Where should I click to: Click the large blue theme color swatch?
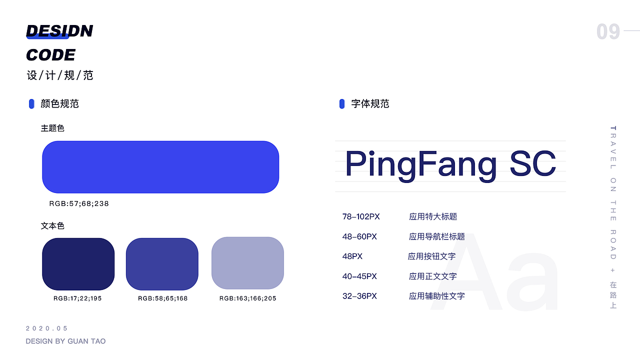tap(160, 167)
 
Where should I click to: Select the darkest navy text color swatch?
tap(78, 264)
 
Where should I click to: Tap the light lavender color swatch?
tap(247, 263)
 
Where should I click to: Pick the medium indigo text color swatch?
tap(162, 264)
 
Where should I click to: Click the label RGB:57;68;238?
tap(79, 204)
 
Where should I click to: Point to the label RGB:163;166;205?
tap(247, 298)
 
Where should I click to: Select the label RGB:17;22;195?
tap(77, 298)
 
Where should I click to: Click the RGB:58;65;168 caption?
tap(162, 298)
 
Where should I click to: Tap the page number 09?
tap(608, 32)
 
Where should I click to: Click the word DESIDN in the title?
tap(59, 31)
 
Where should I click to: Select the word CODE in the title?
tap(50, 55)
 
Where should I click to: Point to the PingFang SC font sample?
tap(450, 164)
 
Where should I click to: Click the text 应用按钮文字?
tap(431, 256)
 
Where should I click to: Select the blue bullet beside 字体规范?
tap(342, 104)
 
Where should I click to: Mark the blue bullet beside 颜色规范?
tap(31, 104)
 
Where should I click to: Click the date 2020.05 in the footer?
tap(46, 328)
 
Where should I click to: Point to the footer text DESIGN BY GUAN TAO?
tap(65, 341)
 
